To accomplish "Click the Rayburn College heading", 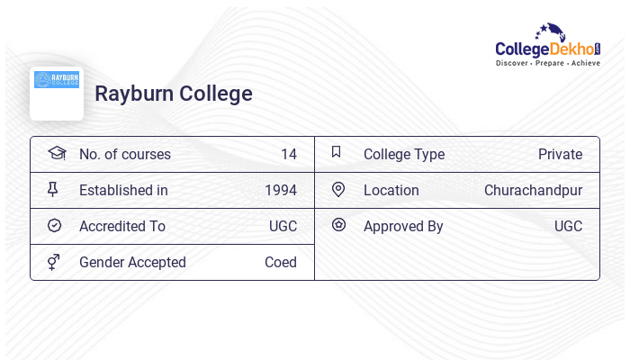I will (x=174, y=94).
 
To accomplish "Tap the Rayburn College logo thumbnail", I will (x=57, y=92).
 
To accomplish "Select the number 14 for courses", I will (x=288, y=154).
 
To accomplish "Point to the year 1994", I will (x=280, y=190).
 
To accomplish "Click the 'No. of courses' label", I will (x=125, y=154).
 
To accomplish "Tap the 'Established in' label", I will (x=123, y=190).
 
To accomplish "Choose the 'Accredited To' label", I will (x=122, y=226).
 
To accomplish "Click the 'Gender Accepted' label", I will (x=132, y=262).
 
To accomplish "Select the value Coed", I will (x=280, y=262).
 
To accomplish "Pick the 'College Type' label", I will (x=404, y=154).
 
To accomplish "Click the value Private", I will (x=560, y=154).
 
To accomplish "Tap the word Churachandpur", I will (x=533, y=190).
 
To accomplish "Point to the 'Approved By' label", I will (x=403, y=226).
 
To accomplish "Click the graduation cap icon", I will (x=56, y=153).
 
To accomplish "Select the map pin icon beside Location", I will (x=338, y=189).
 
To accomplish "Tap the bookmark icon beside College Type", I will (x=337, y=152).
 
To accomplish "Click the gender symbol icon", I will (x=54, y=262).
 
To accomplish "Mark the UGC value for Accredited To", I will (x=283, y=226).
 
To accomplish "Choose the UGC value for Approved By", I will (x=568, y=226).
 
